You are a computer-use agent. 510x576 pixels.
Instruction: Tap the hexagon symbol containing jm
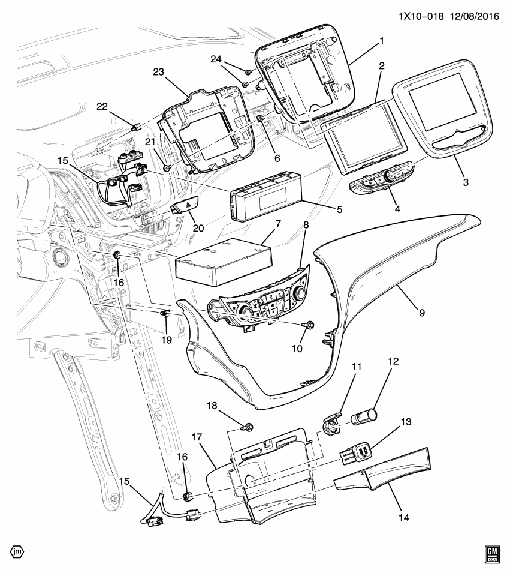[x=18, y=551]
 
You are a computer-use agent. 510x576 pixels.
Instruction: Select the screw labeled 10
[x=310, y=323]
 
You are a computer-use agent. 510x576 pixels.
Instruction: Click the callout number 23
[x=158, y=71]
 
